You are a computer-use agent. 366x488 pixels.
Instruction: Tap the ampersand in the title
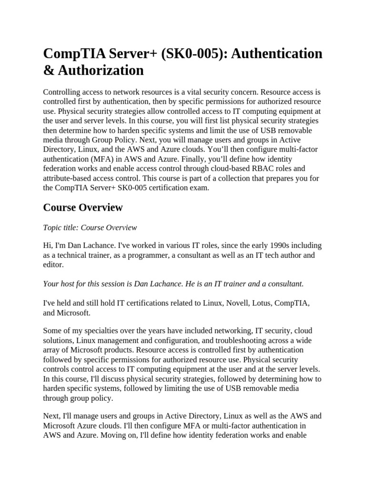click(x=48, y=71)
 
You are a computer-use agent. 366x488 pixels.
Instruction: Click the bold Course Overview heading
click(x=82, y=207)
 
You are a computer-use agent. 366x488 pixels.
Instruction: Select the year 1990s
click(x=273, y=245)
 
